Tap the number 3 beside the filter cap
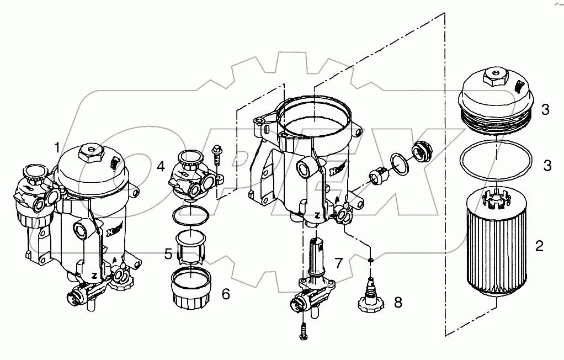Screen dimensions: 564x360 545,109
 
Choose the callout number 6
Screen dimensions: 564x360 225,294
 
